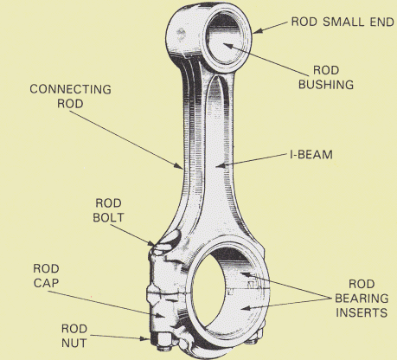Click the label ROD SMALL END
[343, 22]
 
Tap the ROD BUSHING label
[326, 77]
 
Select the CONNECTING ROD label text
[70, 96]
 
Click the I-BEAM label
[311, 155]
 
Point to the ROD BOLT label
[108, 210]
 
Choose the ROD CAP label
[46, 275]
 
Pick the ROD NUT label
[74, 336]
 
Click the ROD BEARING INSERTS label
[362, 299]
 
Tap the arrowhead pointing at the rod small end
[258, 30]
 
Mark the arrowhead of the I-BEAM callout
[220, 165]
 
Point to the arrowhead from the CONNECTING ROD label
[179, 165]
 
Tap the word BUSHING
[326, 85]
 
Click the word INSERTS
[362, 312]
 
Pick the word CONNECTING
[70, 89]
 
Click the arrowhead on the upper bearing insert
[245, 274]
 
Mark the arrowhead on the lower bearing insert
[245, 308]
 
